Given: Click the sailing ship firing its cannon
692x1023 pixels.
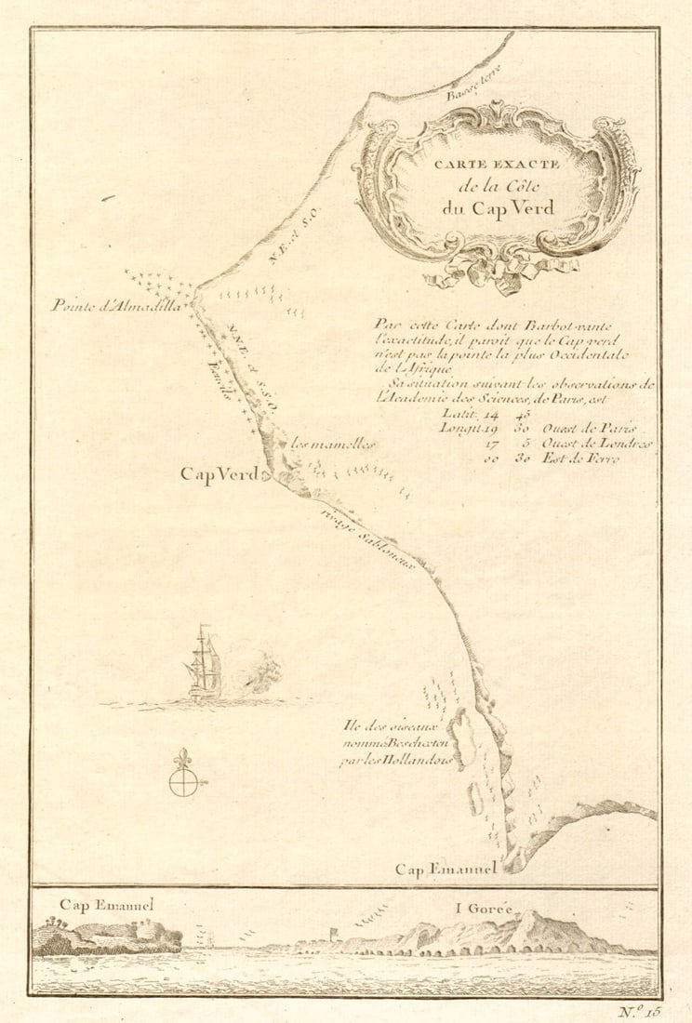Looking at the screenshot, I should [206, 664].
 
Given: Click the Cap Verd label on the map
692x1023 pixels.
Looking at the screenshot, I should [219, 475].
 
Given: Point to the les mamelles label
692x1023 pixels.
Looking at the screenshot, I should [333, 445].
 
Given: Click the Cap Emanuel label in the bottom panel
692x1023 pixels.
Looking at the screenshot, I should [106, 904].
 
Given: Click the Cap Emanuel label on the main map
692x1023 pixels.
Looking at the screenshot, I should [446, 870].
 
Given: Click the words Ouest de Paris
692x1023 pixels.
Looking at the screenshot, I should [596, 429].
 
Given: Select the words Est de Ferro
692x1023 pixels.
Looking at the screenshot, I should [596, 458].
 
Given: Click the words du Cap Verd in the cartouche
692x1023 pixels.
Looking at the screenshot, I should [498, 207].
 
